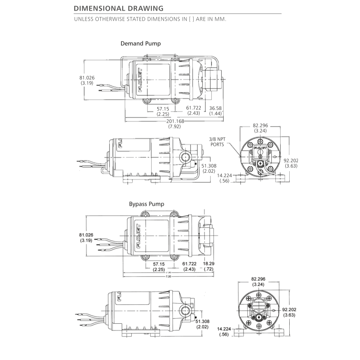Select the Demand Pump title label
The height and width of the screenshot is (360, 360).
(x=140, y=43)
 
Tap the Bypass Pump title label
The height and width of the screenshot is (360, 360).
(x=146, y=204)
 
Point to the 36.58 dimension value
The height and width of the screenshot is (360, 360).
(x=216, y=108)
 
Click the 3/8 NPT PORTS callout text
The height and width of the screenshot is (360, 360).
(x=217, y=141)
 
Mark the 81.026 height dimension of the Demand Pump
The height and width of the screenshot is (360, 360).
(x=87, y=78)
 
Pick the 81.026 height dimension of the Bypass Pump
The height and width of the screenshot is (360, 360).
(x=86, y=235)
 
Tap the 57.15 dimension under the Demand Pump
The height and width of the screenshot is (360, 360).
(x=163, y=108)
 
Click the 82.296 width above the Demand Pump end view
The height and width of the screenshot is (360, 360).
(x=260, y=125)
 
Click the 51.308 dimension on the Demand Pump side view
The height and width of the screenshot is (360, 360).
(x=209, y=166)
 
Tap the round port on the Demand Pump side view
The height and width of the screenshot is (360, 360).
(x=185, y=157)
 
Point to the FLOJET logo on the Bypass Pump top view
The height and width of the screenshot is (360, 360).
(x=139, y=236)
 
